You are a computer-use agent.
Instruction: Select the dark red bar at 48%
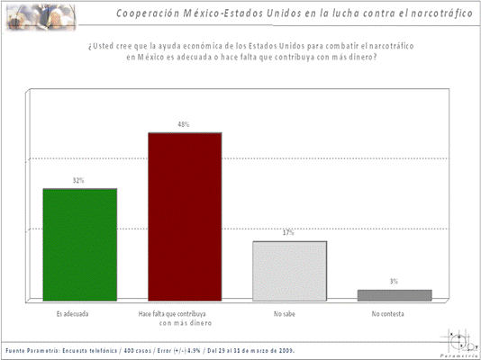click(185, 216)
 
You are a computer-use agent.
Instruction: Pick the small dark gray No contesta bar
click(394, 295)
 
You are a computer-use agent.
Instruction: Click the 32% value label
click(79, 181)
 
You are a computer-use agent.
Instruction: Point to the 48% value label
click(184, 125)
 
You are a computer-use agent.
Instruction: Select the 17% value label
click(288, 233)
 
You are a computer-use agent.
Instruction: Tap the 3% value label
click(394, 282)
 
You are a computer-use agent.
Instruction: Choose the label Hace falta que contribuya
click(185, 314)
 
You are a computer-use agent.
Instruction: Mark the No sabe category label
click(287, 314)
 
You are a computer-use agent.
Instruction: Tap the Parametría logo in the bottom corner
click(459, 343)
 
